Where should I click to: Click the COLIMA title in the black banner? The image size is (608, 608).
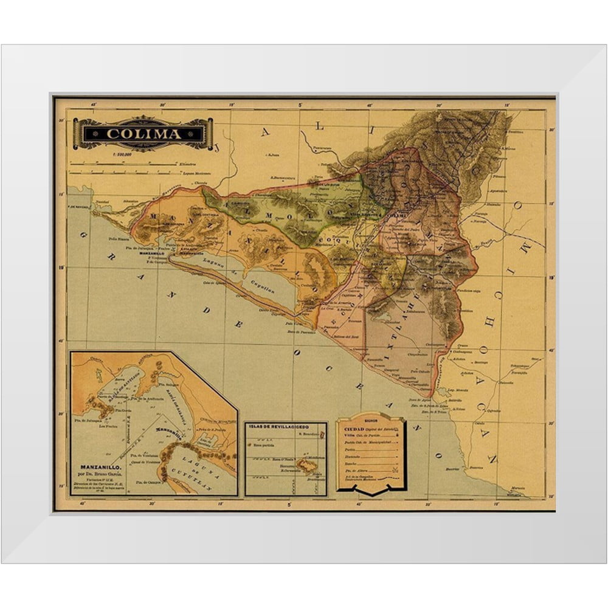point(143,134)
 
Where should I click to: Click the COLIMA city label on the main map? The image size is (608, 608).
point(396,215)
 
